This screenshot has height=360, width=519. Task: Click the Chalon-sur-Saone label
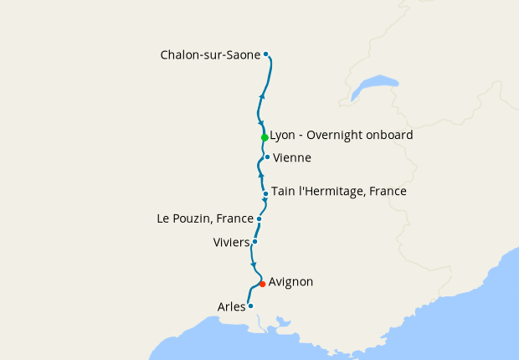pyautogui.click(x=210, y=55)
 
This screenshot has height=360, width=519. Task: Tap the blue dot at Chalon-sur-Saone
pyautogui.click(x=266, y=54)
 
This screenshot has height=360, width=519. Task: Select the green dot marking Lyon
pyautogui.click(x=265, y=137)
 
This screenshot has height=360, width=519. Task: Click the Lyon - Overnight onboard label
pyautogui.click(x=342, y=135)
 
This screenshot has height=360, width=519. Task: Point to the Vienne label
pyautogui.click(x=292, y=157)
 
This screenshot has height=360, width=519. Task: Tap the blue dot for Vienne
pyautogui.click(x=267, y=157)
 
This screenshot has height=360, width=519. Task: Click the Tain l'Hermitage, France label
pyautogui.click(x=339, y=192)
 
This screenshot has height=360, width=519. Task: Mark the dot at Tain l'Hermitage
pyautogui.click(x=265, y=194)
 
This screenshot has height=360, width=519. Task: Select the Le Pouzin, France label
pyautogui.click(x=205, y=219)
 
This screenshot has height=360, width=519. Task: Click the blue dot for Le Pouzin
pyautogui.click(x=259, y=219)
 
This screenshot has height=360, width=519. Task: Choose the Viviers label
pyautogui.click(x=232, y=243)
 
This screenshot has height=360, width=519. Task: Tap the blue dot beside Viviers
pyautogui.click(x=254, y=241)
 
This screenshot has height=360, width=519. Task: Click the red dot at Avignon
pyautogui.click(x=262, y=284)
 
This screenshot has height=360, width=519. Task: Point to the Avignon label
pyautogui.click(x=290, y=282)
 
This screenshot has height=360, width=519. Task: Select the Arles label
pyautogui.click(x=231, y=306)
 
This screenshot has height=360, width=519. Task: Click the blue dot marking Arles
pyautogui.click(x=250, y=306)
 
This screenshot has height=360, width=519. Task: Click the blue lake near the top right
pyautogui.click(x=374, y=85)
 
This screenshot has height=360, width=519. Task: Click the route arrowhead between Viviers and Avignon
pyautogui.click(x=253, y=265)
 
